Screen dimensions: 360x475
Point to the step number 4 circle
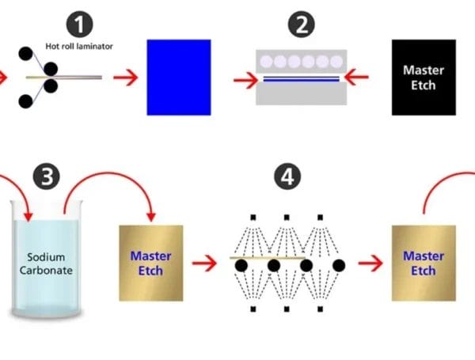(284, 177)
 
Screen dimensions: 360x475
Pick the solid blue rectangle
(179, 78)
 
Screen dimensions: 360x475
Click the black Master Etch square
(424, 78)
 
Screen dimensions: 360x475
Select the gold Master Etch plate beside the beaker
(150, 263)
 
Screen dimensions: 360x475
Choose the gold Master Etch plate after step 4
(424, 262)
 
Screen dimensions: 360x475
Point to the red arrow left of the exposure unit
(245, 78)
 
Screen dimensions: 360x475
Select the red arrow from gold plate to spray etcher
(204, 261)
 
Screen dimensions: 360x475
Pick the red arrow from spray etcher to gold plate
(369, 261)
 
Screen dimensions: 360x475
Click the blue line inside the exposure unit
(302, 79)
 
